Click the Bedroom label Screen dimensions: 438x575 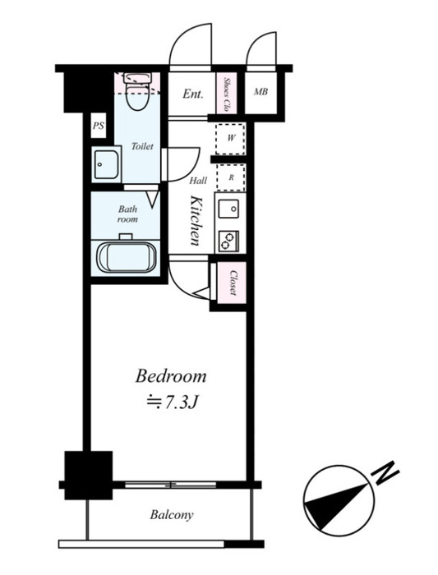[x=171, y=376]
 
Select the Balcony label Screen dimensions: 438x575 [x=171, y=515]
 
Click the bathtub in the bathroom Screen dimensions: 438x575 [x=127, y=257]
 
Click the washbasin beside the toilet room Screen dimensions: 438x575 [x=106, y=164]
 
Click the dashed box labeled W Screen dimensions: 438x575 [x=231, y=139]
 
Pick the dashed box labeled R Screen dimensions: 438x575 [x=231, y=177]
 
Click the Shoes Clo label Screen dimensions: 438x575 [x=226, y=94]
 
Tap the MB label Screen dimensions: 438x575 [x=260, y=92]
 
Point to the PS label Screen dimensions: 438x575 [x=98, y=126]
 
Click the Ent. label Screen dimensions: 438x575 [x=193, y=94]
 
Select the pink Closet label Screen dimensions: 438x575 [x=233, y=283]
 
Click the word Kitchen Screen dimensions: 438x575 [x=196, y=221]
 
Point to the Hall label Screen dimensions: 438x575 [x=198, y=181]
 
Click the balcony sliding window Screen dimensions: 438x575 [x=171, y=485]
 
